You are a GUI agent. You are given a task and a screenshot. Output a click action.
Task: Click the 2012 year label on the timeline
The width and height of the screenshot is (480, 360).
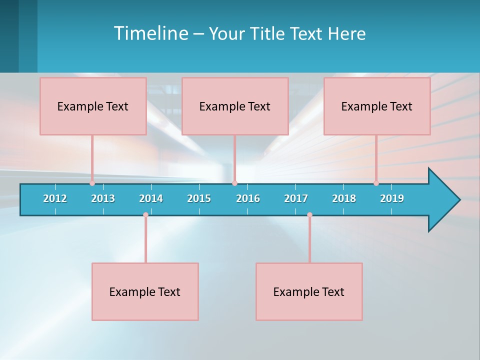(55, 198)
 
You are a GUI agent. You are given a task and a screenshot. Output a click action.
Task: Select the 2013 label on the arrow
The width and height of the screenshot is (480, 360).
(103, 198)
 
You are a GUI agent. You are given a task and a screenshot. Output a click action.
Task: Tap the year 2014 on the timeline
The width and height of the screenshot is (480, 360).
(151, 198)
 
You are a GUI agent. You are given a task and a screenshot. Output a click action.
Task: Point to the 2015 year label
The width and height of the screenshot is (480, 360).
(199, 198)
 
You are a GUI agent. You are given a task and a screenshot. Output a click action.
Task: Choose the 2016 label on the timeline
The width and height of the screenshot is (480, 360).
(248, 198)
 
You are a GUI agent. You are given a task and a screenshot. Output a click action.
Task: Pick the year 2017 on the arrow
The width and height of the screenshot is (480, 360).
(296, 198)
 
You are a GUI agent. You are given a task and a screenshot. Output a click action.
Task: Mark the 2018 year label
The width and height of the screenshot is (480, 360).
(344, 198)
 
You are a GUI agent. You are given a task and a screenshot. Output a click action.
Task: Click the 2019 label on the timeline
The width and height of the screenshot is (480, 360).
(392, 198)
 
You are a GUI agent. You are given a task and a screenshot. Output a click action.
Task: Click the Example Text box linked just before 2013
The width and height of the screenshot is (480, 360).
(93, 106)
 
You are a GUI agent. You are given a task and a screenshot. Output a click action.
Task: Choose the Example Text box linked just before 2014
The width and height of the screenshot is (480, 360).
(145, 291)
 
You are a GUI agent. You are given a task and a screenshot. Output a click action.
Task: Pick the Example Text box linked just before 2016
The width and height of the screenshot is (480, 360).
(235, 106)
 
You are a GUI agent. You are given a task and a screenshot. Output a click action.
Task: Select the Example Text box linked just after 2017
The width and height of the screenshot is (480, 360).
(309, 291)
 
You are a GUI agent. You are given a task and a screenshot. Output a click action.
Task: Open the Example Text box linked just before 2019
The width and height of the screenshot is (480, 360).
(377, 106)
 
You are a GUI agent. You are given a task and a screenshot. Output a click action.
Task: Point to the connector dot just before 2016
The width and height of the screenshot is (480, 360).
(234, 183)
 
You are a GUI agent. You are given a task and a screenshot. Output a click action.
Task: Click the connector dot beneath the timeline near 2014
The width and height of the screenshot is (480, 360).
(145, 215)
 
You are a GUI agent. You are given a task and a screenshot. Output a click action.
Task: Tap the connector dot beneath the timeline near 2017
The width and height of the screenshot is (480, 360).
(309, 215)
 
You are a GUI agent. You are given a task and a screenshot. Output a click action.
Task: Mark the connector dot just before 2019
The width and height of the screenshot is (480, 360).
(376, 183)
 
